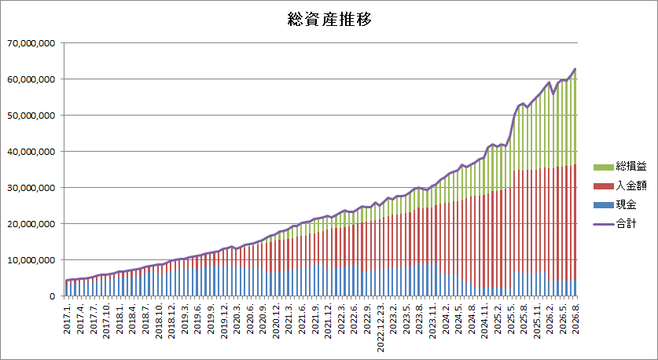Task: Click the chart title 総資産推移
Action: [329, 20]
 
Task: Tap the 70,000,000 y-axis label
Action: [34, 43]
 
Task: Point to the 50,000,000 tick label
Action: [34, 116]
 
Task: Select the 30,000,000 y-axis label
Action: [34, 188]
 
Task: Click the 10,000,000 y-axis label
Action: [34, 260]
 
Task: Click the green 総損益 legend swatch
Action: [603, 167]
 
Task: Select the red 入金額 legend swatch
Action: [603, 186]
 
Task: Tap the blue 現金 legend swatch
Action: [603, 205]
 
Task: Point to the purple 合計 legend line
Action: [603, 225]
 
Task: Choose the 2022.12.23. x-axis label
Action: [382, 325]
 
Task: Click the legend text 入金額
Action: [630, 186]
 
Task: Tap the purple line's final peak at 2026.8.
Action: [575, 69]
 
